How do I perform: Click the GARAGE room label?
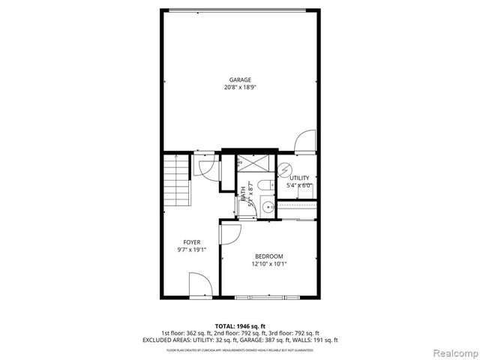[240, 79]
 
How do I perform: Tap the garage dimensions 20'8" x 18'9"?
[240, 88]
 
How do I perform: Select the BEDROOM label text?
[268, 256]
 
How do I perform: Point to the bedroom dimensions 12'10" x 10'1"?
[268, 264]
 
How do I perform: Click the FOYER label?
[192, 242]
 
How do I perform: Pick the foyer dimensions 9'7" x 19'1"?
[192, 250]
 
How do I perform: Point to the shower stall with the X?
[256, 163]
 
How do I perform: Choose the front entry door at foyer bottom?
[199, 285]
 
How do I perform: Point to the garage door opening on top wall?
[240, 9]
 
